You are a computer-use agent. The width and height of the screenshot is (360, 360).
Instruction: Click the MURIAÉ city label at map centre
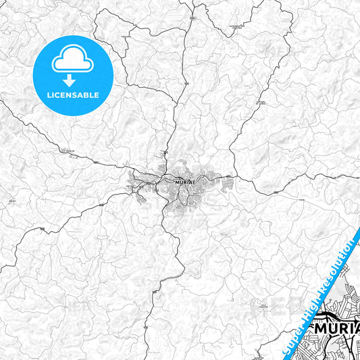coord(184,182)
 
